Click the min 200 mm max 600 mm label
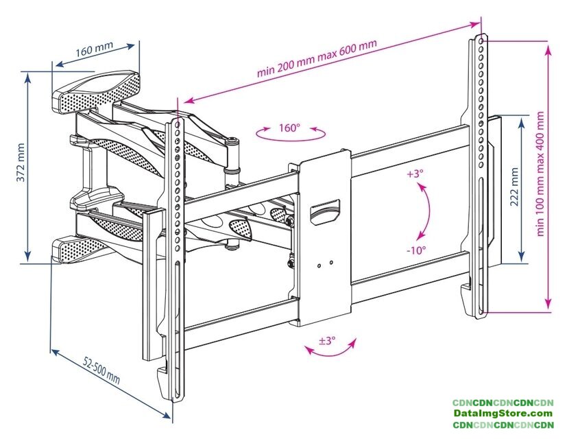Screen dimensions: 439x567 click(x=317, y=59)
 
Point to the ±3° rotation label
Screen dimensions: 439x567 click(x=326, y=339)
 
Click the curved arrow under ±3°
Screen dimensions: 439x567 click(x=331, y=351)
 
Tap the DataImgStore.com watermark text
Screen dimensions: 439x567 click(x=503, y=414)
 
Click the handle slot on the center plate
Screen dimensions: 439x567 click(x=324, y=210)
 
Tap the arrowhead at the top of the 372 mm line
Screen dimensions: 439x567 click(x=28, y=76)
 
